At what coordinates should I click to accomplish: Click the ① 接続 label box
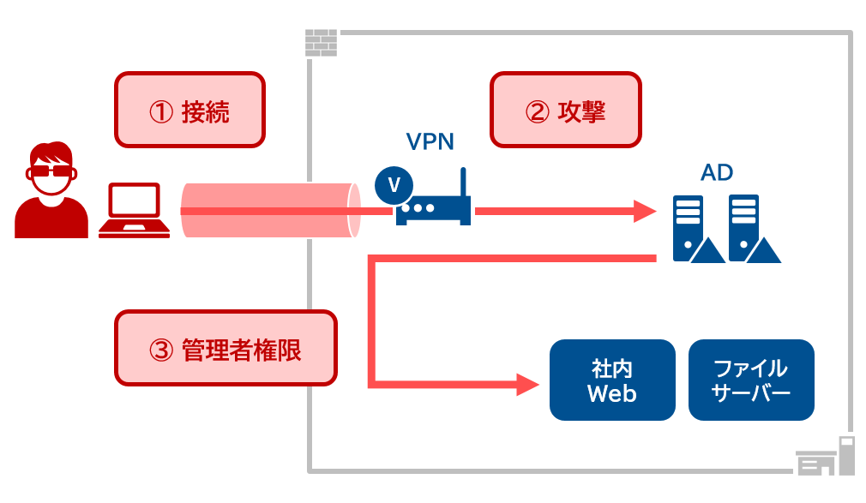point(189,110)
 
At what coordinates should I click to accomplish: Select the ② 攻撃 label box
point(565,110)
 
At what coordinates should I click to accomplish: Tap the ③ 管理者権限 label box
point(226,348)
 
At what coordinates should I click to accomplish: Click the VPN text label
point(429,141)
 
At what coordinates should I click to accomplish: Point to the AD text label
point(717,172)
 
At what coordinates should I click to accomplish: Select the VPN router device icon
point(433,210)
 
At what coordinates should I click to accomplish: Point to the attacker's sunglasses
point(51,171)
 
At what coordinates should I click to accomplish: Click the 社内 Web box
point(611,380)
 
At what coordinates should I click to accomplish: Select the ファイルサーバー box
point(750,380)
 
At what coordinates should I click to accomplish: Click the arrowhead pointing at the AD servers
point(645,211)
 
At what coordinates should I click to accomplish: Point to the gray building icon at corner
point(827,458)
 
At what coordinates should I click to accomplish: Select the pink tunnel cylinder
point(269,211)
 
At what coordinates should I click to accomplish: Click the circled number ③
point(162,350)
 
